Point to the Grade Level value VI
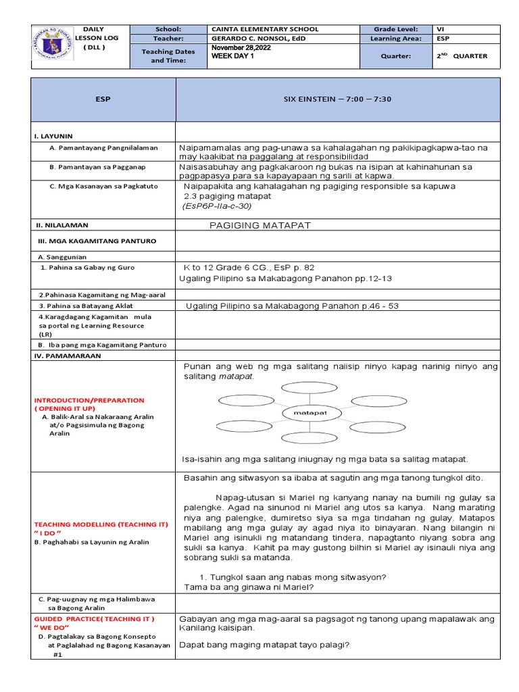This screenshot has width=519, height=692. [441, 30]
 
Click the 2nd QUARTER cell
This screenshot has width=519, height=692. [462, 56]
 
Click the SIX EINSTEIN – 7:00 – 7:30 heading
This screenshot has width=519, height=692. [338, 99]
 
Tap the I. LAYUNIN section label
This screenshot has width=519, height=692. [53, 136]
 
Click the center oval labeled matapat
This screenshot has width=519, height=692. [311, 412]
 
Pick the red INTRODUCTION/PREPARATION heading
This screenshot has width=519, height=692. [89, 400]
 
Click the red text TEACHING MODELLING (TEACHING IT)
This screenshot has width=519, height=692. [101, 524]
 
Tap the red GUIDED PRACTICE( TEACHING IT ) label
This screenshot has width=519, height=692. [94, 618]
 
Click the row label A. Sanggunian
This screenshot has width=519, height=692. [62, 257]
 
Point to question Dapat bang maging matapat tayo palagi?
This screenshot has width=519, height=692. [264, 645]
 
